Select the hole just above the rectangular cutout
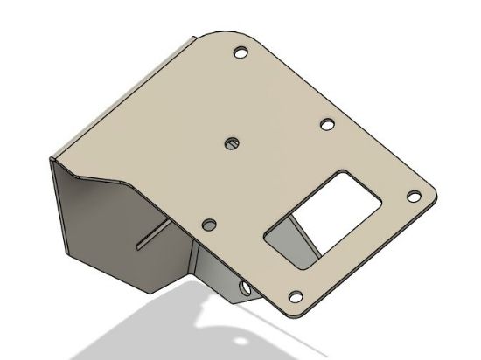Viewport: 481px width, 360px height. pos(326,125)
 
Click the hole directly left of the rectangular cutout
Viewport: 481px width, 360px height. pos(208,225)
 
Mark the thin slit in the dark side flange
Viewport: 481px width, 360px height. pos(151,234)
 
